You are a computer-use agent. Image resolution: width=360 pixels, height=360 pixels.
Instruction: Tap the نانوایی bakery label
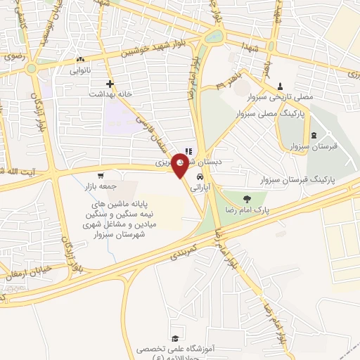80,70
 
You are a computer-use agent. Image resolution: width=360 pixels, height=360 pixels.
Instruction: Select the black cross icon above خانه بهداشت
110,84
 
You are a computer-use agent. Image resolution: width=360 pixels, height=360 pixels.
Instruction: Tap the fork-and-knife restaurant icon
188,150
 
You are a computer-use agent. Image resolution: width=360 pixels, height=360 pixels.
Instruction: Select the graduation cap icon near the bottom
174,338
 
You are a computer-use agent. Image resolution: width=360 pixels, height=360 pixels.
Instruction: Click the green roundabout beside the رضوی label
32,69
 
